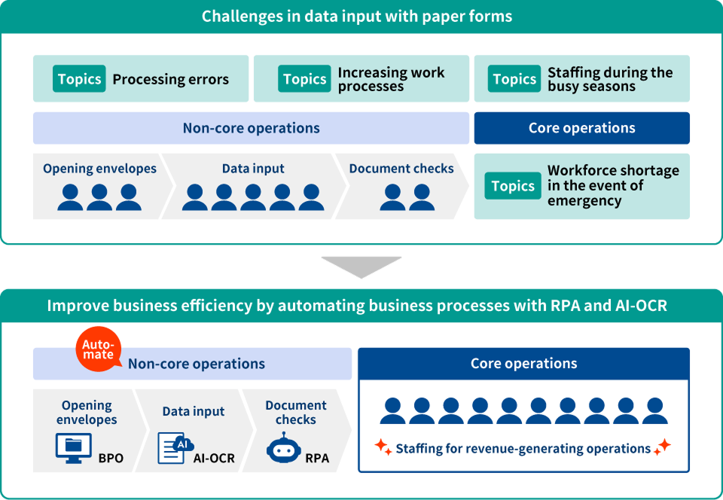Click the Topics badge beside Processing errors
tap(79, 79)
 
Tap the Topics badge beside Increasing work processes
tap(304, 79)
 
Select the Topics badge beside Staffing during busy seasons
tap(514, 79)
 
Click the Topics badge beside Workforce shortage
tap(513, 186)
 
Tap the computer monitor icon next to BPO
tap(73, 447)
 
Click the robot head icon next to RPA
tap(282, 447)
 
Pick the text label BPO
tap(111, 458)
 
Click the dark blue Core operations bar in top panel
tap(581, 128)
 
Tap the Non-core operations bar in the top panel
tap(251, 128)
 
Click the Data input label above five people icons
tap(253, 169)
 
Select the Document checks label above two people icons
tap(401, 169)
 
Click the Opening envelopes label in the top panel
tap(99, 169)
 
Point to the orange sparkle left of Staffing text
tap(383, 447)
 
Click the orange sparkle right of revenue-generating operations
tap(661, 447)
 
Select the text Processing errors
tap(170, 79)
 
